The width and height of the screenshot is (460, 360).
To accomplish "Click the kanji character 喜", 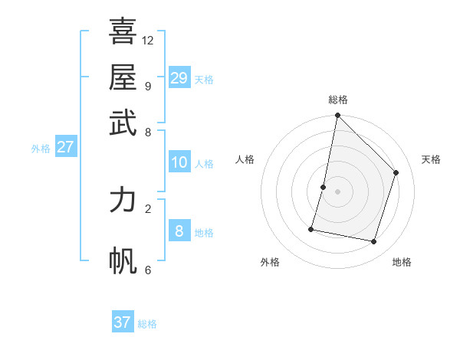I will click(x=123, y=32).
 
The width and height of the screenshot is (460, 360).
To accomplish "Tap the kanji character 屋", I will click(x=123, y=78).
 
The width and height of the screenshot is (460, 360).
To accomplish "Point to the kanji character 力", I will click(x=123, y=199).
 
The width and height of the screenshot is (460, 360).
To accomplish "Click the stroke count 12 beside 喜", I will click(x=148, y=40).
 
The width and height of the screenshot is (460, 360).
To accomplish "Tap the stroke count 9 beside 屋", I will click(x=148, y=86).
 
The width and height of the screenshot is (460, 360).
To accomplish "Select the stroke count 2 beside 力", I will click(x=148, y=208).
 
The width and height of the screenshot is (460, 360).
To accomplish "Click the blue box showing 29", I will click(x=179, y=78).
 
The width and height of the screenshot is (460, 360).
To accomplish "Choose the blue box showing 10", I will click(x=179, y=162).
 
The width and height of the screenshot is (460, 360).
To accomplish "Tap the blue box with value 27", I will click(x=65, y=147).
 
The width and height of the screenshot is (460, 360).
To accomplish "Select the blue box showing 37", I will click(x=123, y=322).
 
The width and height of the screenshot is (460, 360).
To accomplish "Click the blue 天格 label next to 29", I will click(x=204, y=79).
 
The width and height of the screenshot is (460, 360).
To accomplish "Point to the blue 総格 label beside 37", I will click(x=147, y=324).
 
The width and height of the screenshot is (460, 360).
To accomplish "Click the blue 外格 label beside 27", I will click(x=41, y=149).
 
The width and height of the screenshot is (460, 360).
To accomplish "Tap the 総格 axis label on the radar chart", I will click(x=337, y=100).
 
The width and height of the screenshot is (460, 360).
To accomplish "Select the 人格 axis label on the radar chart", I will click(x=245, y=159).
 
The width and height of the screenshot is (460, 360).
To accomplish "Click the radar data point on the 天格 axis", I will click(x=396, y=172).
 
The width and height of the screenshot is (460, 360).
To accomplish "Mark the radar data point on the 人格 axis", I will click(x=324, y=187).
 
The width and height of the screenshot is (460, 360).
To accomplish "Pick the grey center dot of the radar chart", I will click(x=337, y=191).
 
